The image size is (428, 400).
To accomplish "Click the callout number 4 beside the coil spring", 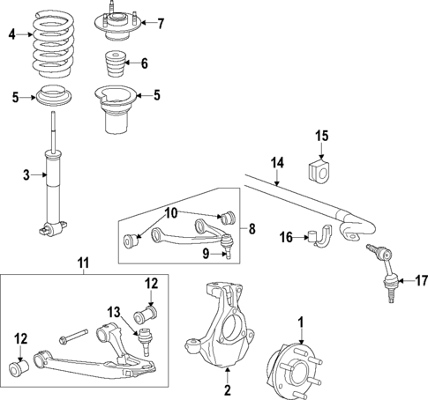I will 11,35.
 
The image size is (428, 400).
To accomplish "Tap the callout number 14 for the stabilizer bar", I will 277,161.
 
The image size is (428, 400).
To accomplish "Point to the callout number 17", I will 421,281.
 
